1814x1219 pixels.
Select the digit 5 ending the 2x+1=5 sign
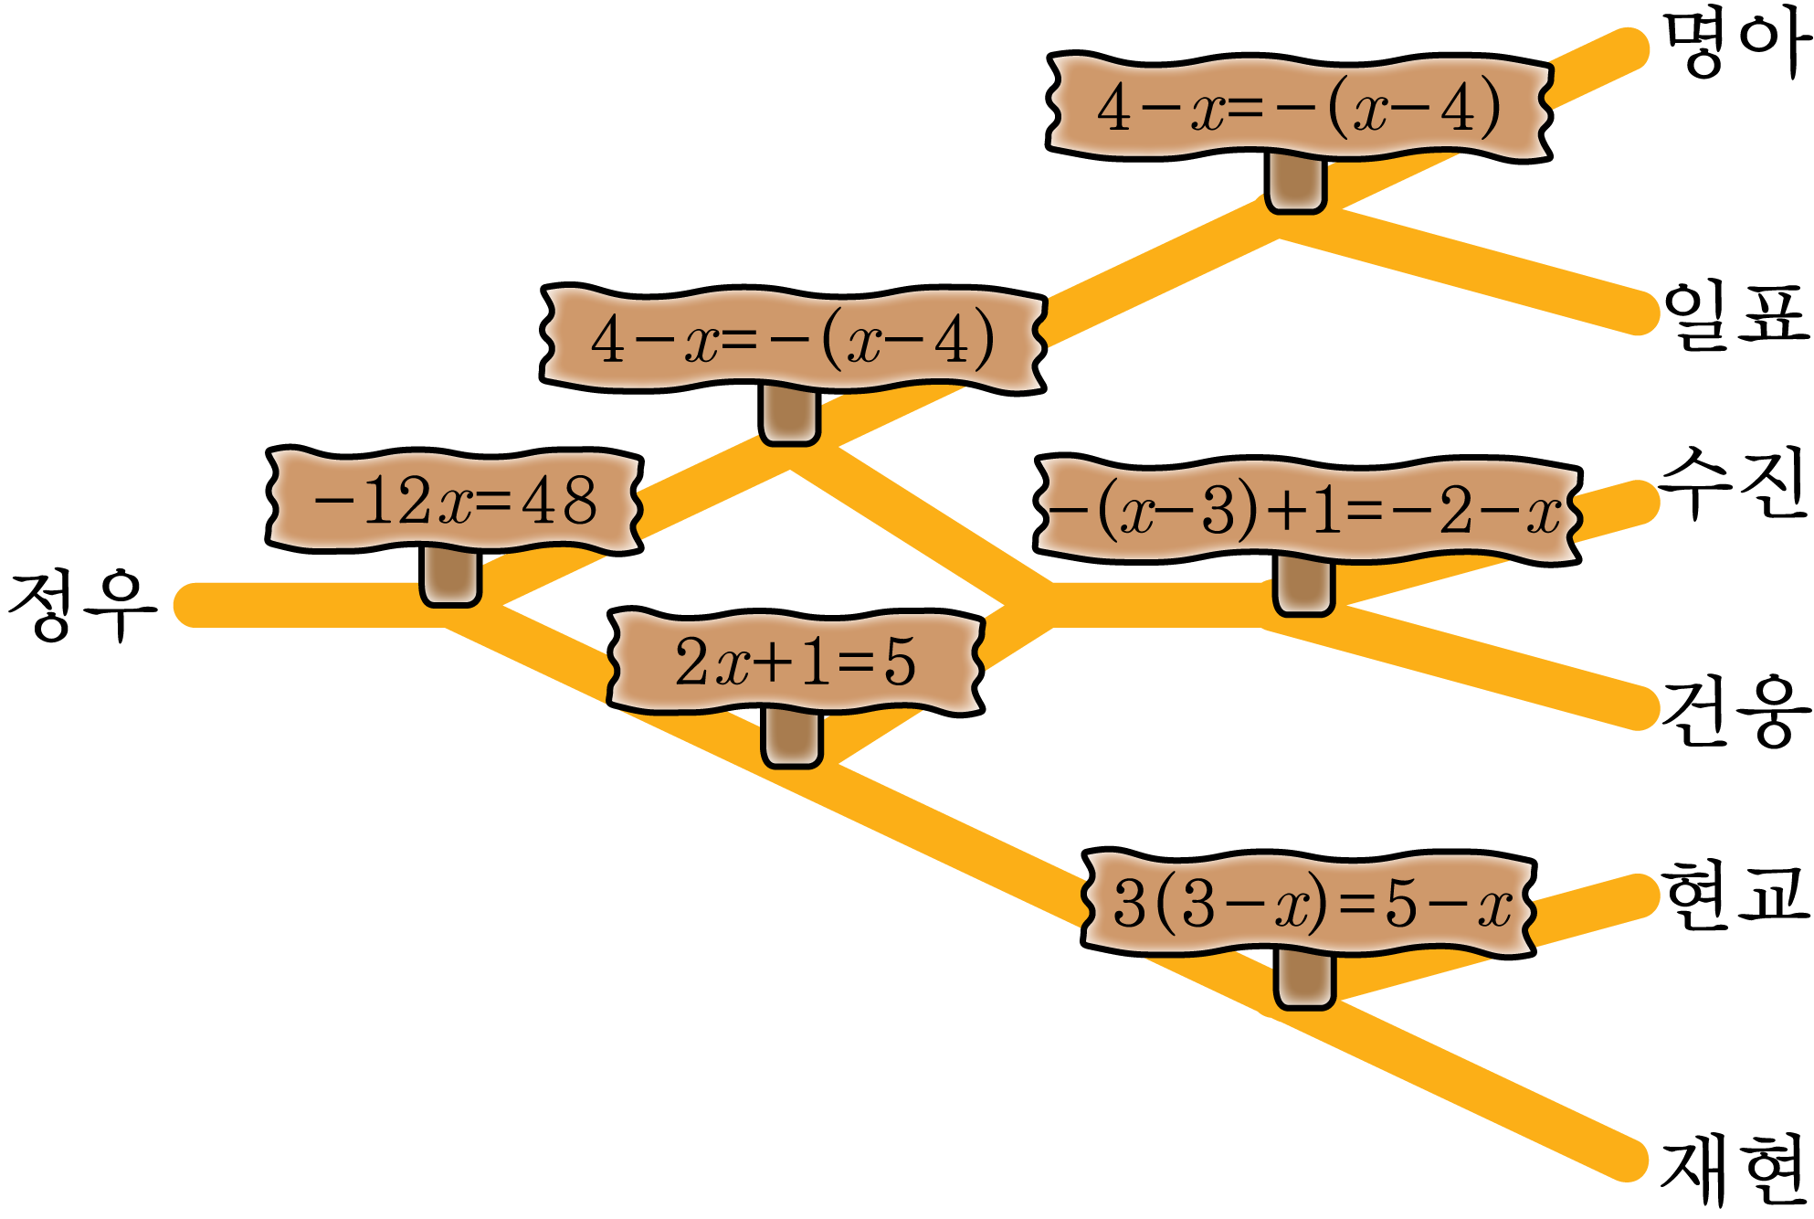pyautogui.click(x=899, y=662)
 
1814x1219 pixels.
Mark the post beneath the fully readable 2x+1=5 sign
pyautogui.click(x=791, y=737)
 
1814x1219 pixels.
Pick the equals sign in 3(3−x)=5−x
pyautogui.click(x=1355, y=906)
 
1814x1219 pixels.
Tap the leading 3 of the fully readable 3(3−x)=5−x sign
pyautogui.click(x=1130, y=906)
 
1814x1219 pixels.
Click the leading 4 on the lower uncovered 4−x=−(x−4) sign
pyautogui.click(x=607, y=340)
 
